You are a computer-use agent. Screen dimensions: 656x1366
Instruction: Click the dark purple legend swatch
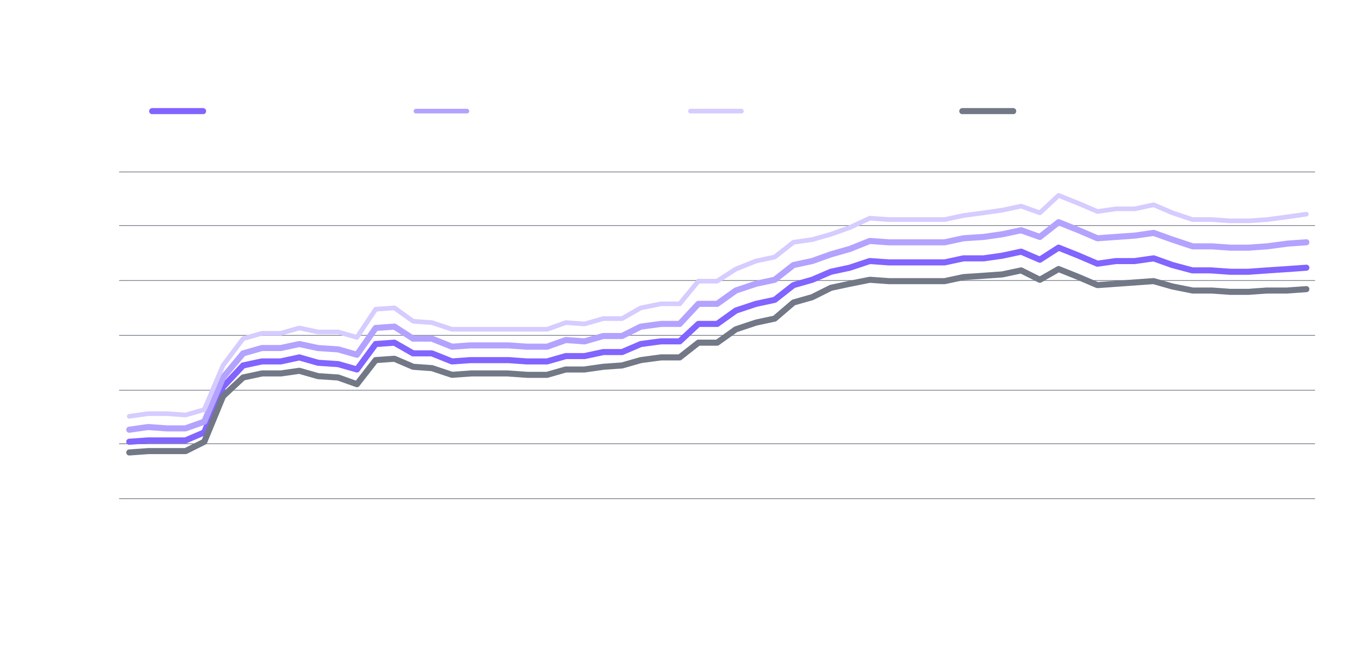click(177, 111)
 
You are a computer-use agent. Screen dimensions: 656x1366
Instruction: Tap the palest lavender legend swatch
click(716, 111)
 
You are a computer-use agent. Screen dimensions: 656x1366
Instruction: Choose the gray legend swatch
click(987, 111)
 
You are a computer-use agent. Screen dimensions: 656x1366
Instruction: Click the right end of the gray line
click(1306, 289)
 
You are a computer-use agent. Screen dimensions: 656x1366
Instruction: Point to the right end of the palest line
click(1306, 214)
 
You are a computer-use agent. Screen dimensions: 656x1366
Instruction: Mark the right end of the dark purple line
click(1306, 268)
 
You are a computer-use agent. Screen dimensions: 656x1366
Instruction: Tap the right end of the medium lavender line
click(1306, 242)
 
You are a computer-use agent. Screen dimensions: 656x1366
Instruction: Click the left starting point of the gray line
click(129, 452)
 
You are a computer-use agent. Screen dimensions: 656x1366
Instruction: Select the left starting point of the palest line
click(129, 416)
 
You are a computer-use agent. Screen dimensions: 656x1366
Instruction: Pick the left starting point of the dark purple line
click(129, 441)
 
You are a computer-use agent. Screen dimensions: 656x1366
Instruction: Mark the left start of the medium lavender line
click(129, 429)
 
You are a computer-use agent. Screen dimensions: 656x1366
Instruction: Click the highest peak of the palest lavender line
click(1059, 195)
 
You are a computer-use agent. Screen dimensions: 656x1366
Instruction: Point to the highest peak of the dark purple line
click(1059, 247)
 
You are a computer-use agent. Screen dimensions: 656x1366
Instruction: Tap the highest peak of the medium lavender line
click(1059, 222)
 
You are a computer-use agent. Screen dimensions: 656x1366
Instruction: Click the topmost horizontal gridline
click(716, 172)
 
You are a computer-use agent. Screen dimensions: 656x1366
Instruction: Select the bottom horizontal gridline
click(716, 498)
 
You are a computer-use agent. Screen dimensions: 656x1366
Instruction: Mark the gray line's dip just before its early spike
click(357, 384)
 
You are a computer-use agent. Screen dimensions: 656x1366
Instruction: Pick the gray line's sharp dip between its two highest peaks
click(1040, 279)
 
